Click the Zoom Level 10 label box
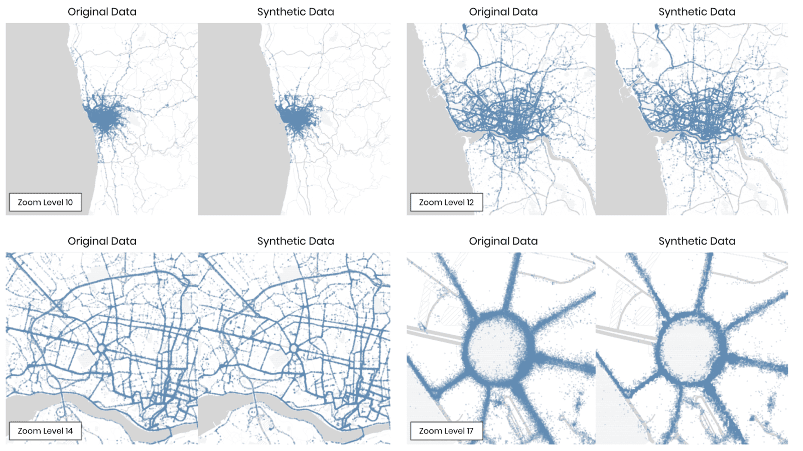pos(45,202)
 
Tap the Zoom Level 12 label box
pos(446,202)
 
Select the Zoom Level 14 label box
pos(45,431)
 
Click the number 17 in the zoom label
pos(469,431)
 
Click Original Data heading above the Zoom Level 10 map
pos(102,12)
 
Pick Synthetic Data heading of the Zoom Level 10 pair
pos(296,12)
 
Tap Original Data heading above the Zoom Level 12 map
pos(503,12)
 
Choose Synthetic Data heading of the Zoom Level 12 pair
pos(697,12)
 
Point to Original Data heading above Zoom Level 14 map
pos(102,241)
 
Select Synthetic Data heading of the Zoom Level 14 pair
pos(296,241)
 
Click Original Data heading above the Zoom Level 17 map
pos(503,241)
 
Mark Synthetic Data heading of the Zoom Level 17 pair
pos(697,241)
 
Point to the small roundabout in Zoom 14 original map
pos(101,348)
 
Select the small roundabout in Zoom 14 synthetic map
pos(294,348)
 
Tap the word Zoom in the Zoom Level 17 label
pos(430,431)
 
